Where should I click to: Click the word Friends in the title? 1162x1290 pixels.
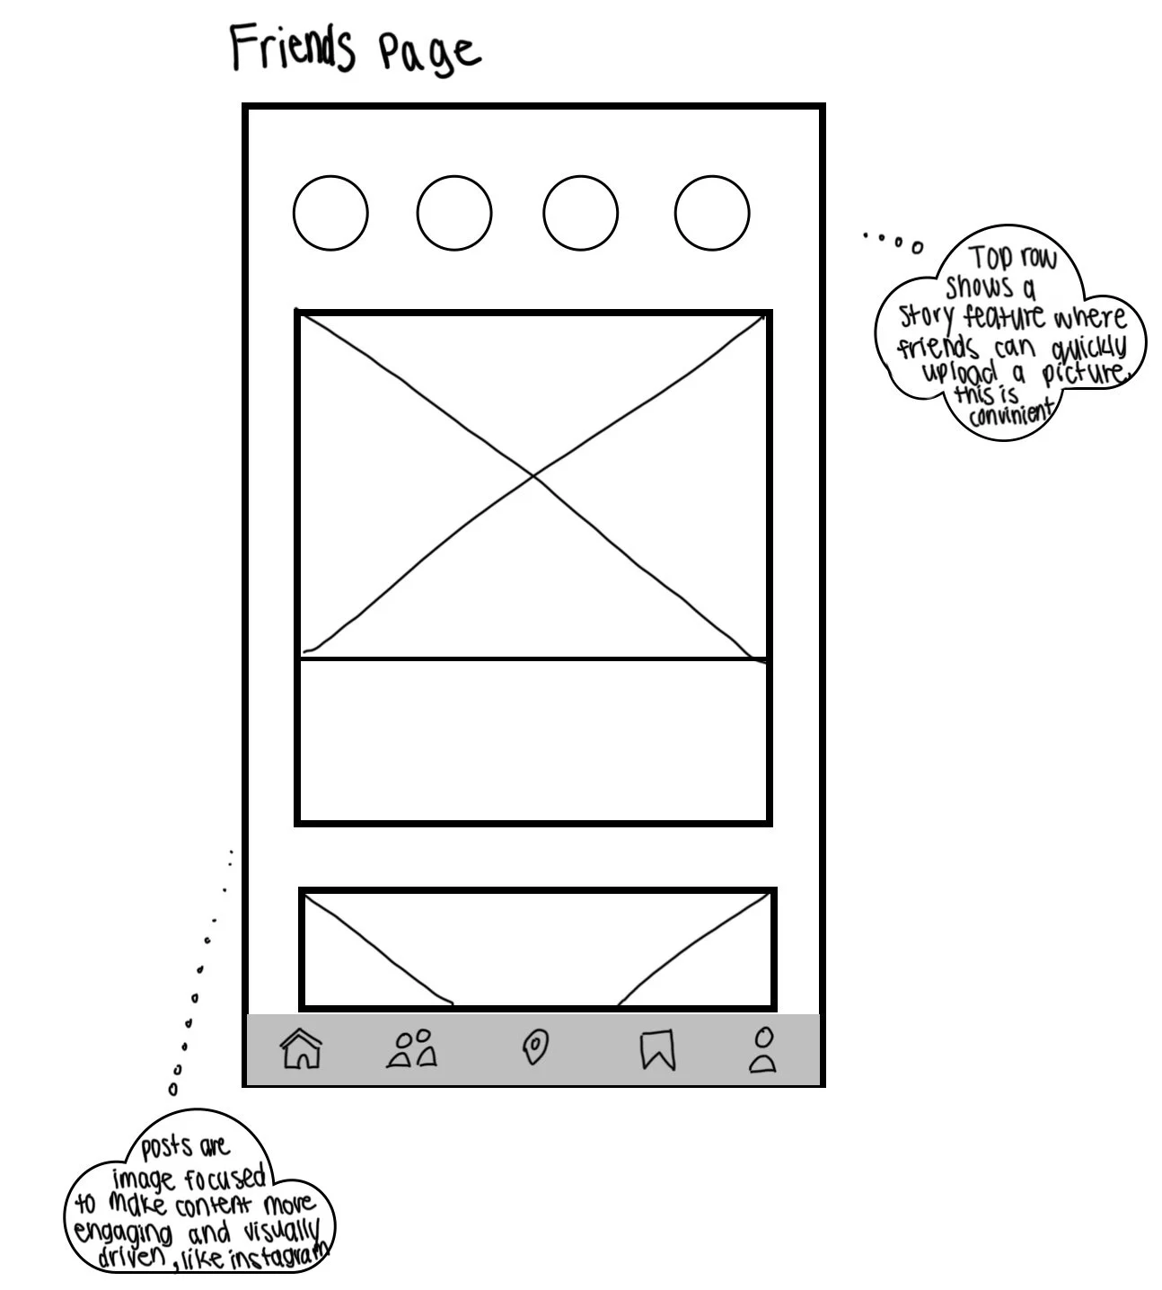coord(292,48)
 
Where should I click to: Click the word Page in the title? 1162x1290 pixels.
coord(429,52)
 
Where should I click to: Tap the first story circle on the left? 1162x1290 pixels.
coord(330,213)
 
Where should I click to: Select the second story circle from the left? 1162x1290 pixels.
coord(454,213)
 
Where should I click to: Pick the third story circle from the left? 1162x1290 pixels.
coord(580,213)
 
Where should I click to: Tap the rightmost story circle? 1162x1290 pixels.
coord(712,213)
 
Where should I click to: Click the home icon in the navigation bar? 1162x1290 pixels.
coord(301,1048)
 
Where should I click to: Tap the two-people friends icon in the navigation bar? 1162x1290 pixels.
coord(412,1048)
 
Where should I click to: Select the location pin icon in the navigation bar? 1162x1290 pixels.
coord(535,1047)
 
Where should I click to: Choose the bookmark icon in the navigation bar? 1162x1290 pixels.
coord(657,1049)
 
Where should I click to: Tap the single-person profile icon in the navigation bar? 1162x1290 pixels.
coord(763,1050)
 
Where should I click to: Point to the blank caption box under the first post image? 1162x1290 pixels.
coord(533,740)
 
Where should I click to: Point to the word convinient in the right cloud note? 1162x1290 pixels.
coord(1010,414)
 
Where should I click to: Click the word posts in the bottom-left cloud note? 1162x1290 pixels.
coord(166,1147)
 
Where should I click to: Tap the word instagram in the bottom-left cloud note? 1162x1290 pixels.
coord(279,1257)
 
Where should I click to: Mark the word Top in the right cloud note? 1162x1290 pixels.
coord(991,259)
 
